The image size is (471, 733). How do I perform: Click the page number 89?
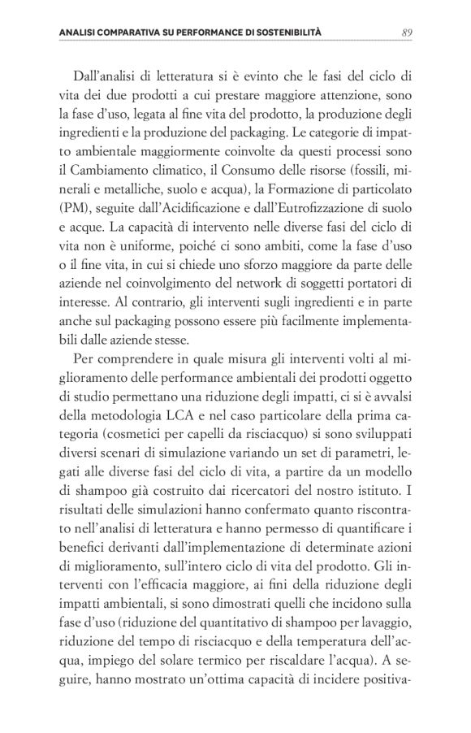(x=408, y=32)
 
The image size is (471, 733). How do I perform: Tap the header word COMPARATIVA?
(x=122, y=32)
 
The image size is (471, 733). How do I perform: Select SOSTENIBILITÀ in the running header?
(x=287, y=32)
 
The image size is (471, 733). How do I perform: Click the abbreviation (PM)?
(x=76, y=207)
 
